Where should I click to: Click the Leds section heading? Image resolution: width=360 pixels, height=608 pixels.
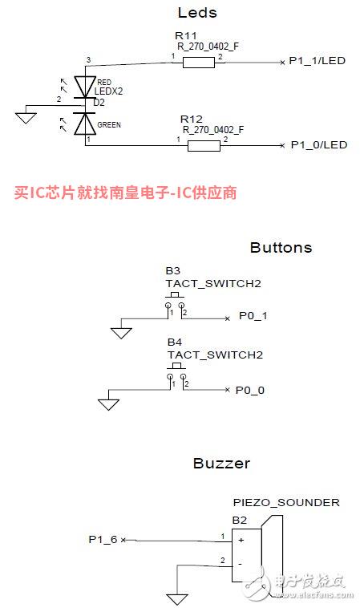[197, 12]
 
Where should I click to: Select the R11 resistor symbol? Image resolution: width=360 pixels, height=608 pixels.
[198, 63]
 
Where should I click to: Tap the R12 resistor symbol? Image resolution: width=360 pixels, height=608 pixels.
[204, 146]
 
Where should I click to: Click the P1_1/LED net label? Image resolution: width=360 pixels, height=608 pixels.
[317, 61]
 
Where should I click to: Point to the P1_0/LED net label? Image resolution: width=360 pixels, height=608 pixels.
[319, 145]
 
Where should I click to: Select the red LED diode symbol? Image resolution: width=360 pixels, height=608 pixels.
[85, 87]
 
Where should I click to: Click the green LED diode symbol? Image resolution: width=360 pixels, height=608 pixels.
[85, 124]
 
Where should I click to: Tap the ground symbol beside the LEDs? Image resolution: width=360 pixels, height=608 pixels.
[26, 117]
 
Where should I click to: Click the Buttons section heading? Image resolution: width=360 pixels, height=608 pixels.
[281, 247]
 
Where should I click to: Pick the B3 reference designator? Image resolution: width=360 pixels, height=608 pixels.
[173, 270]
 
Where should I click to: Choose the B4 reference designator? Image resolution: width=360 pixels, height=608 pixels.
[175, 342]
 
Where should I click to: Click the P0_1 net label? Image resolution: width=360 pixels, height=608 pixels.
[253, 316]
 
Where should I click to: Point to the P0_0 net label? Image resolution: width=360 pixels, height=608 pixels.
[250, 390]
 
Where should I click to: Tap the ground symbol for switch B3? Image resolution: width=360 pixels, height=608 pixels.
[121, 333]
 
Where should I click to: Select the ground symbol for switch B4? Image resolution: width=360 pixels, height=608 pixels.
[108, 405]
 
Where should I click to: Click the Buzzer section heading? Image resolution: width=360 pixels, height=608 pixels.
[221, 464]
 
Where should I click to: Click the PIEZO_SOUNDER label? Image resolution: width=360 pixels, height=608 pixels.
[286, 503]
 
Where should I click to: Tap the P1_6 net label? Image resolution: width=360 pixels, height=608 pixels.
[103, 539]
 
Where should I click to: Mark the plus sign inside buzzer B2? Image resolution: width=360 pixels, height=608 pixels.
[241, 540]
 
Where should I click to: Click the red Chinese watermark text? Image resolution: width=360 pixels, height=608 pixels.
[126, 193]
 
